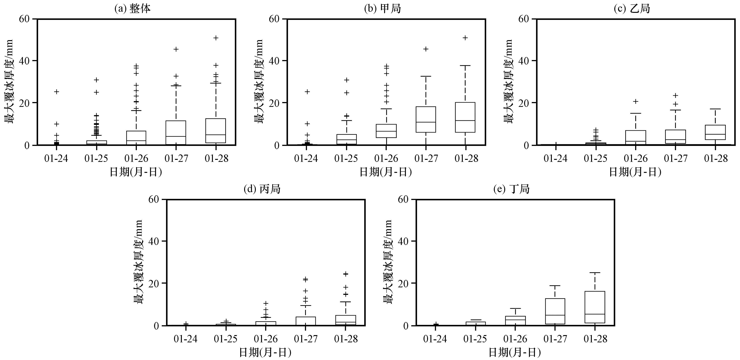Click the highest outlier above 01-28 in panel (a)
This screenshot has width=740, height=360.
(216, 38)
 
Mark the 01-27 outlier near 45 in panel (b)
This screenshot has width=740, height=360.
(426, 49)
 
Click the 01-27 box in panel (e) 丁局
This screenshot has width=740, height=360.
(555, 311)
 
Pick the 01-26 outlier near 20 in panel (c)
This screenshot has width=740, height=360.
(636, 101)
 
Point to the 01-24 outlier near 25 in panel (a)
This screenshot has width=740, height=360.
(57, 92)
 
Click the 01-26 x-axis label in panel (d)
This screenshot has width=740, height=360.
(266, 339)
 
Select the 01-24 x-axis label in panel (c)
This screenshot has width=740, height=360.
(555, 159)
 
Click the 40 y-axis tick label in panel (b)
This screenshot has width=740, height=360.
(275, 61)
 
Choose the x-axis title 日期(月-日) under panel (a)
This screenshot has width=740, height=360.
(136, 172)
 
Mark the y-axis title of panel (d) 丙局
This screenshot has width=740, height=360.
(138, 262)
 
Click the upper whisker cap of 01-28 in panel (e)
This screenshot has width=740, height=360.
(595, 272)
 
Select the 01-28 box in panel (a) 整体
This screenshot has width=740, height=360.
(216, 131)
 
